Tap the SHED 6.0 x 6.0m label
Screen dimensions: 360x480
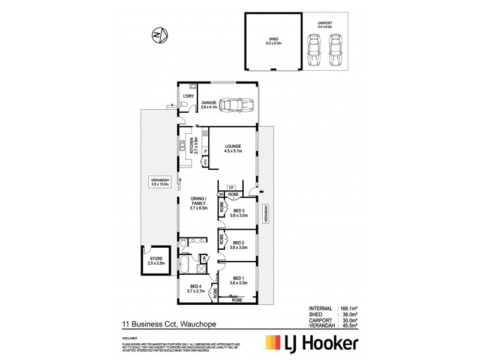272,42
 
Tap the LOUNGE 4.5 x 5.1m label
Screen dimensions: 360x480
233,147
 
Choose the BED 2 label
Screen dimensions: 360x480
239,244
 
